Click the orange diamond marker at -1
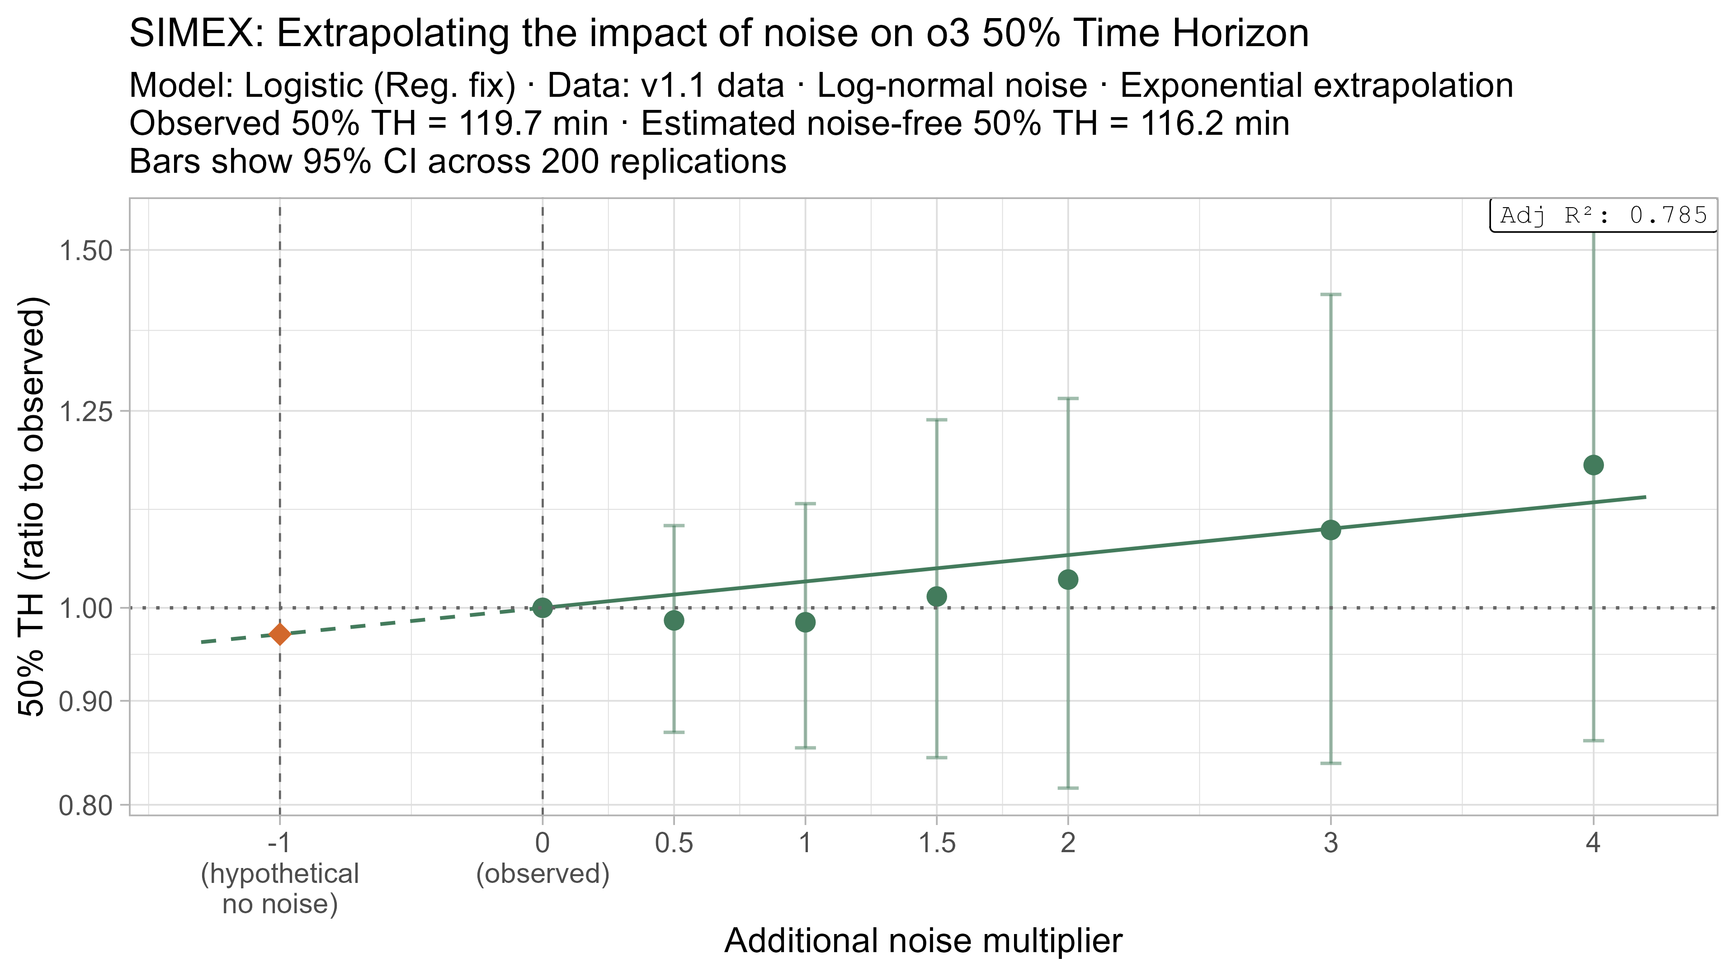coord(280,634)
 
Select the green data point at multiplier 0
coord(542,607)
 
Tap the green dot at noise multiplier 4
coord(1593,465)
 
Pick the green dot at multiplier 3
coord(1330,530)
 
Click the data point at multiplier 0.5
coord(674,620)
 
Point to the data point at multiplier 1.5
coord(937,596)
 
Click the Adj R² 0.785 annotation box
coord(1603,216)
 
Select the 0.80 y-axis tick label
coord(85,805)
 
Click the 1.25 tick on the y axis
coord(85,411)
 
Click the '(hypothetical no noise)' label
coord(280,889)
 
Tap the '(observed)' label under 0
coord(542,874)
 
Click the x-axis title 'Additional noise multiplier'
coord(923,941)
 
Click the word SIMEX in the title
coord(195,34)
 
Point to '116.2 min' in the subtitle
coord(1214,124)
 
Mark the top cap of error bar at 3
coord(1330,294)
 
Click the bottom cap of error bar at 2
coord(1067,787)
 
